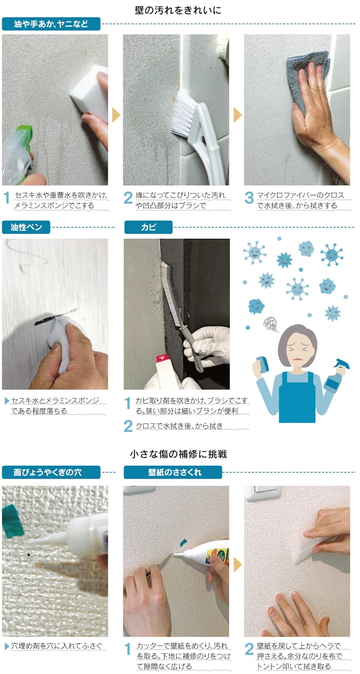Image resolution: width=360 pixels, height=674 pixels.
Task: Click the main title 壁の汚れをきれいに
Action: pyautogui.click(x=178, y=10)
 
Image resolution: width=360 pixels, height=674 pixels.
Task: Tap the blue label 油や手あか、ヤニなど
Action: pyautogui.click(x=51, y=24)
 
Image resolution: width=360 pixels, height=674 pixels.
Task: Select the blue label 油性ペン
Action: pyautogui.click(x=26, y=227)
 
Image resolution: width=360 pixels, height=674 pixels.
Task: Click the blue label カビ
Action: pyautogui.click(x=148, y=227)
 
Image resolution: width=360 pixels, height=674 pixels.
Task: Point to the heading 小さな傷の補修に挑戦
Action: pyautogui.click(x=178, y=454)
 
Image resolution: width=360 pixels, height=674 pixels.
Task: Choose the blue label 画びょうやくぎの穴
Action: pyautogui.click(x=51, y=472)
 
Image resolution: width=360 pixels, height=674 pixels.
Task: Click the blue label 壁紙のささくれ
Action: pyautogui.click(x=173, y=472)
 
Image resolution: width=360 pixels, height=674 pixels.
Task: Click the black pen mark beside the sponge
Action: pyautogui.click(x=45, y=321)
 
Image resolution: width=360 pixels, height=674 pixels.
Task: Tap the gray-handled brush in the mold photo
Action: pyautogui.click(x=180, y=316)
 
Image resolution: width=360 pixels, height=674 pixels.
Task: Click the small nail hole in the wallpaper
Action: pyautogui.click(x=28, y=554)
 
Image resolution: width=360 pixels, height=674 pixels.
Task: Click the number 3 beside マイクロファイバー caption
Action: pyautogui.click(x=249, y=198)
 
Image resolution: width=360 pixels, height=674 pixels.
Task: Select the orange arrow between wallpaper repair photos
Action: pyautogui.click(x=237, y=564)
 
